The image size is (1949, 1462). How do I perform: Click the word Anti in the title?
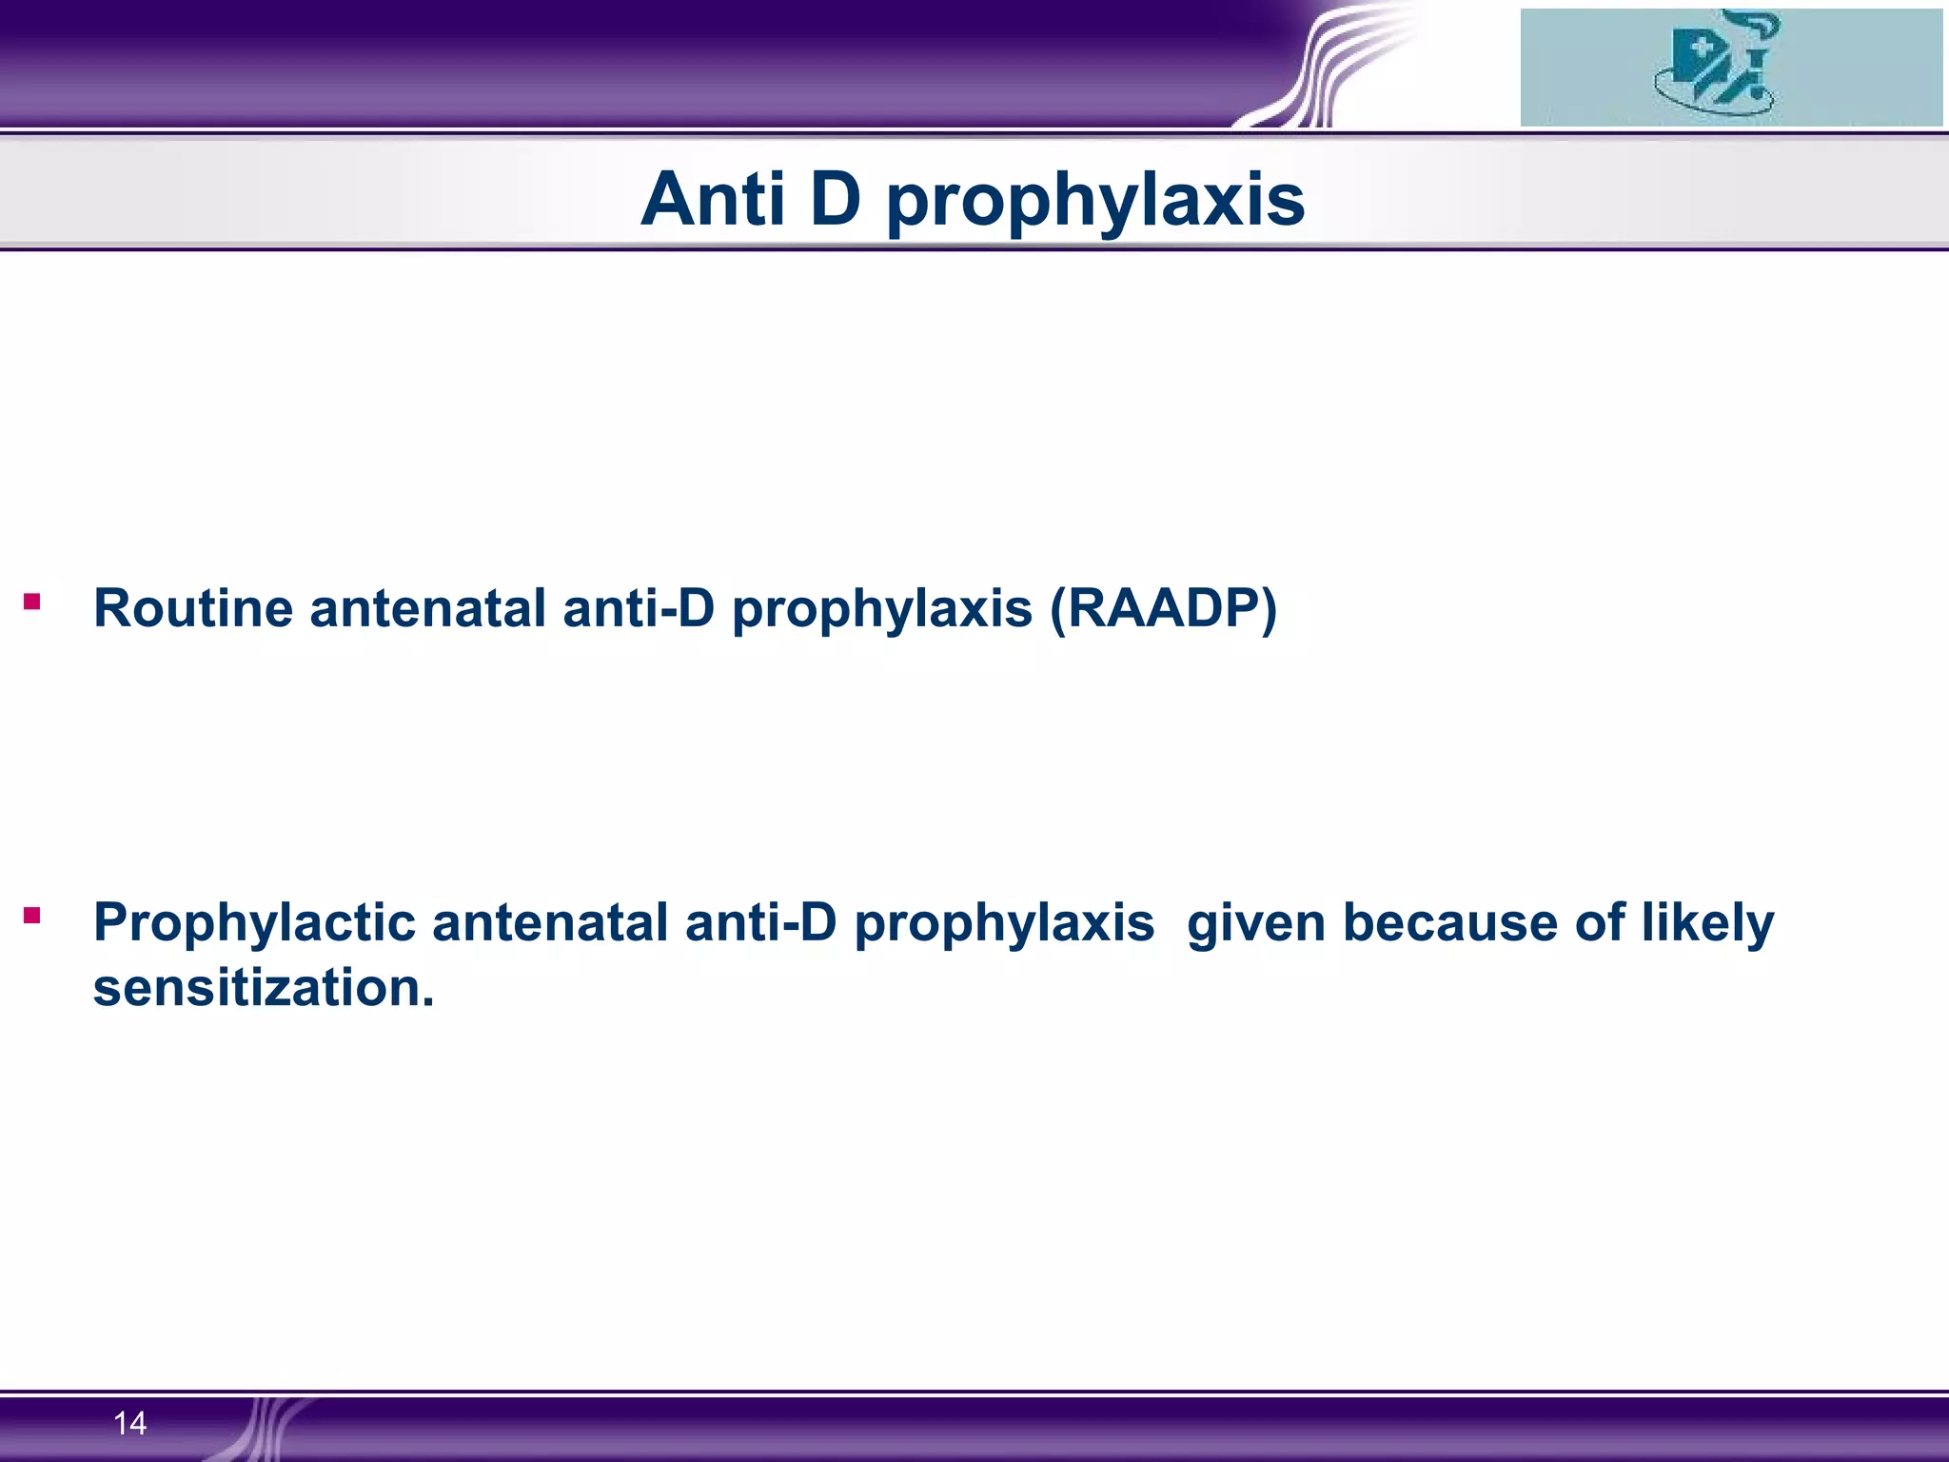click(712, 199)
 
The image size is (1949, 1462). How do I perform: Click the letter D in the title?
click(836, 199)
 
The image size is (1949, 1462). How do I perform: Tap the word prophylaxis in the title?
click(1094, 202)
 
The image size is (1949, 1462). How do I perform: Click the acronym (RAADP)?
click(1162, 609)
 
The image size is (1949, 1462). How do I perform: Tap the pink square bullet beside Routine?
click(32, 602)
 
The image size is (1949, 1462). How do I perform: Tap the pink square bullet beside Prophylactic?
click(32, 916)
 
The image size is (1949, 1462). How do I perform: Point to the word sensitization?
click(263, 987)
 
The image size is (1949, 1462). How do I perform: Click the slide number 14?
click(129, 1424)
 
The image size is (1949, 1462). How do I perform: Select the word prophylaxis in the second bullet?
click(1003, 923)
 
